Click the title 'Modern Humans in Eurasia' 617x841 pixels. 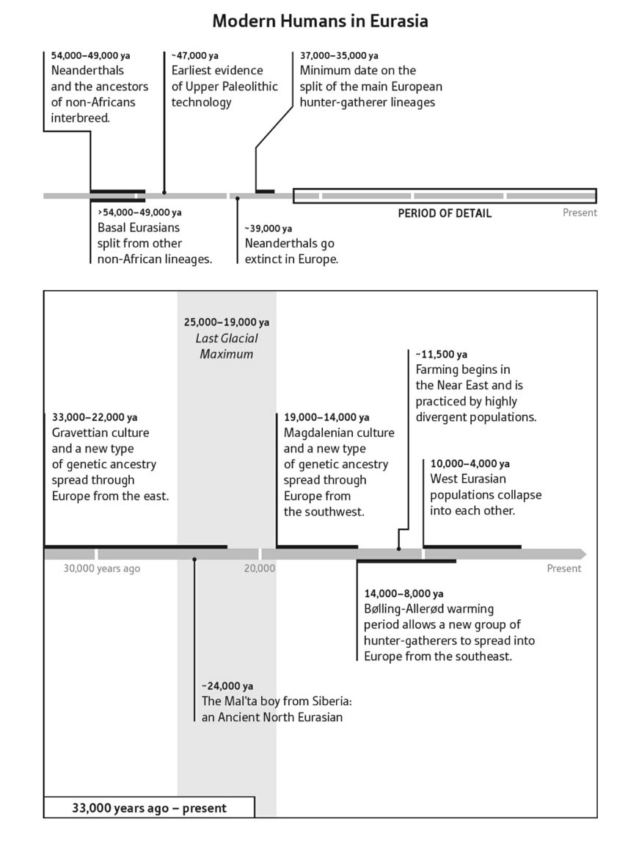320,21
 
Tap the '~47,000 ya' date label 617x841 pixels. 195,55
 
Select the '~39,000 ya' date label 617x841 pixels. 268,228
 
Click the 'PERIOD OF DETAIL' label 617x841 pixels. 445,213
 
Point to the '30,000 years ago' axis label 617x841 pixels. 101,568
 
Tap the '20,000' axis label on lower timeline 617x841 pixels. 260,568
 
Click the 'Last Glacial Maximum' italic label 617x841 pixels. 227,346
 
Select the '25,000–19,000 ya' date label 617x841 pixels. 227,322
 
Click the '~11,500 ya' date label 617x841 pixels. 441,354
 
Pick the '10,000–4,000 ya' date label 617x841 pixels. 470,463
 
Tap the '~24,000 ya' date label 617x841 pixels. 227,686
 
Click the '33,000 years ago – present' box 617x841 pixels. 149,808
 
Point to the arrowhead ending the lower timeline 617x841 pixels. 583,553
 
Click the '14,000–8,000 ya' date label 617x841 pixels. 404,593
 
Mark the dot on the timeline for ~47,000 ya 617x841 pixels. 164,193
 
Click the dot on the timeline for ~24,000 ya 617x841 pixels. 194,559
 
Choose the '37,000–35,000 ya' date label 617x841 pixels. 339,55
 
